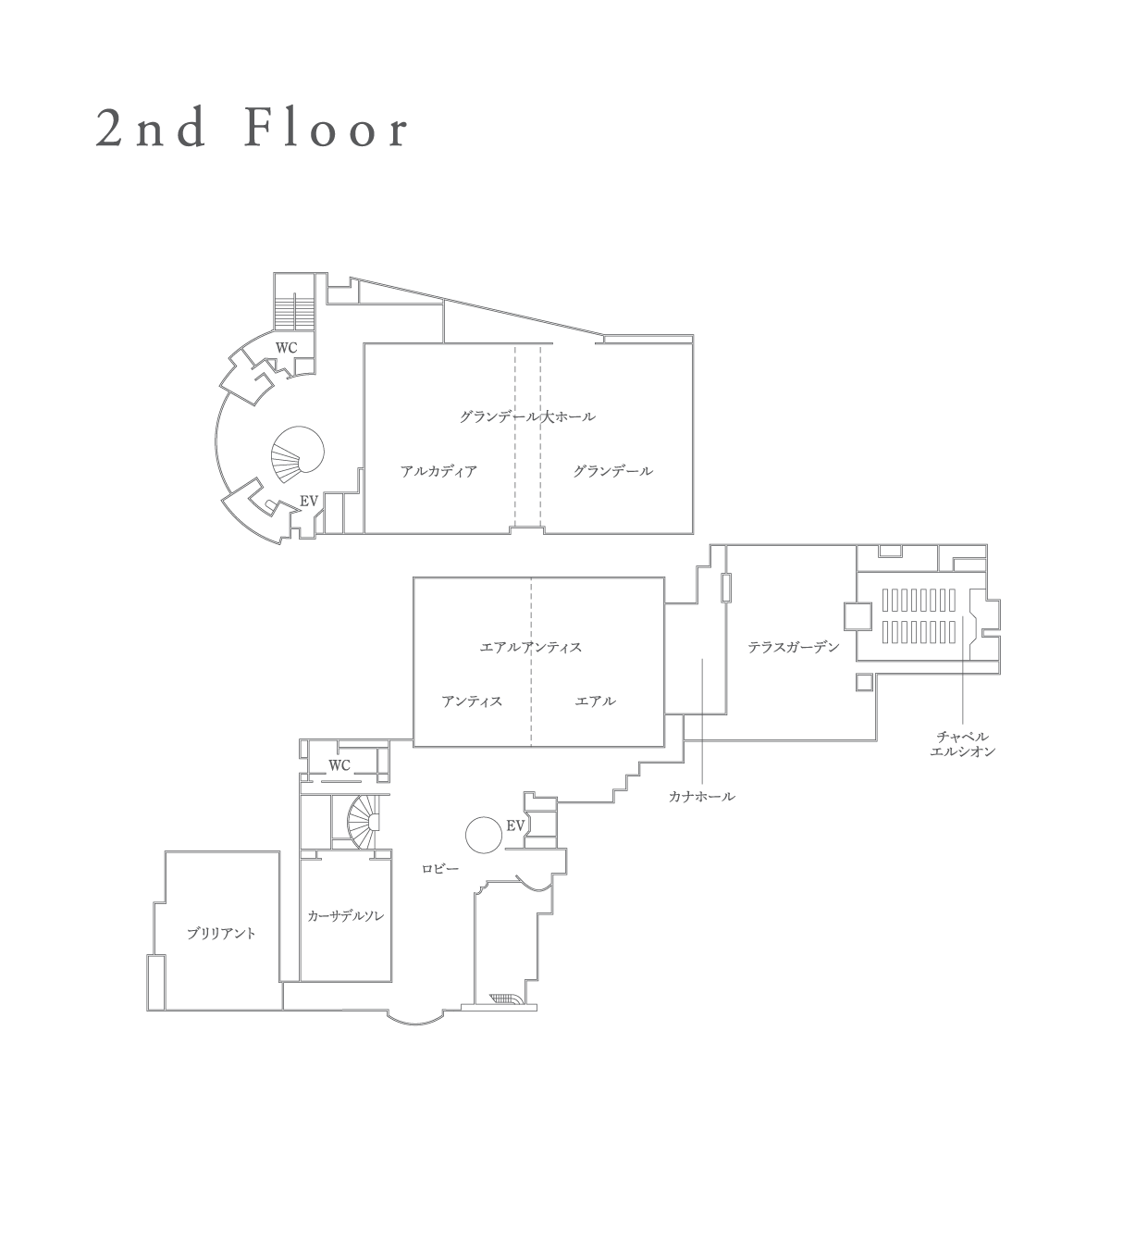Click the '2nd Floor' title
(x=252, y=129)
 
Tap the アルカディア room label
(x=438, y=471)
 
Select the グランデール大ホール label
(x=527, y=416)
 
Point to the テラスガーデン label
(x=793, y=647)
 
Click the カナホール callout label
(x=701, y=796)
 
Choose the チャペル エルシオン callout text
(x=962, y=744)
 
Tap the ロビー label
(x=440, y=868)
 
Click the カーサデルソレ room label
(x=346, y=916)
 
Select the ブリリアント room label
(x=221, y=934)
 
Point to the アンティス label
(x=472, y=701)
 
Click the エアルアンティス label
(x=531, y=647)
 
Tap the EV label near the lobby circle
(x=515, y=826)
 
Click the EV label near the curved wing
(x=309, y=502)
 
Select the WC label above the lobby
(x=339, y=765)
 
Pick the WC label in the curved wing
(x=286, y=348)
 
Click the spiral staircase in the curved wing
(x=298, y=454)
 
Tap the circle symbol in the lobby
(x=484, y=835)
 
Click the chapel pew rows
(x=919, y=616)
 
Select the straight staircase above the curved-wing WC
(x=294, y=311)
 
